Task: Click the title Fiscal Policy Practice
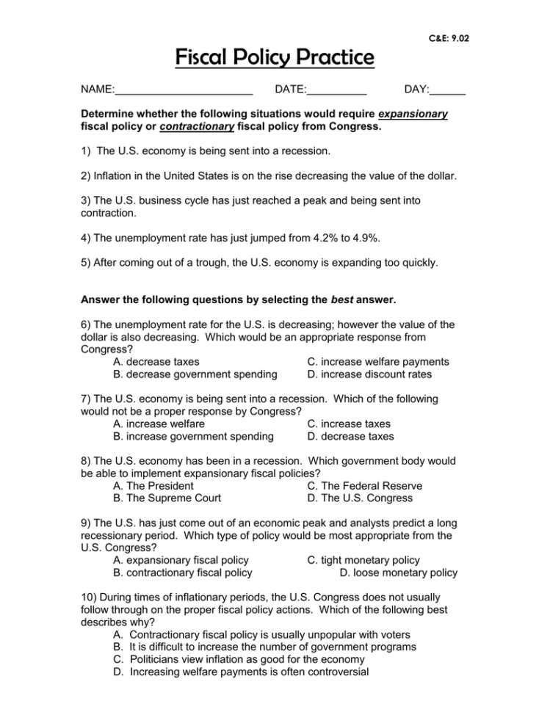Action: tap(275, 57)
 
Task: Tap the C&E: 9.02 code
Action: tap(447, 37)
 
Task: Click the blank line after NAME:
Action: tap(184, 90)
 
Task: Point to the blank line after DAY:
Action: tap(447, 90)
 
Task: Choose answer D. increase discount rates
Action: tap(370, 374)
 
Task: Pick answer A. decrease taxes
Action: tap(156, 362)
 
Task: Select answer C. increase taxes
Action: tap(350, 424)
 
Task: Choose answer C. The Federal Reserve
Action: tap(365, 486)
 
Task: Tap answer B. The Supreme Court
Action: tap(167, 498)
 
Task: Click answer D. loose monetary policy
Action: tap(399, 573)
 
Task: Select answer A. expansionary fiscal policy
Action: tap(181, 560)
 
